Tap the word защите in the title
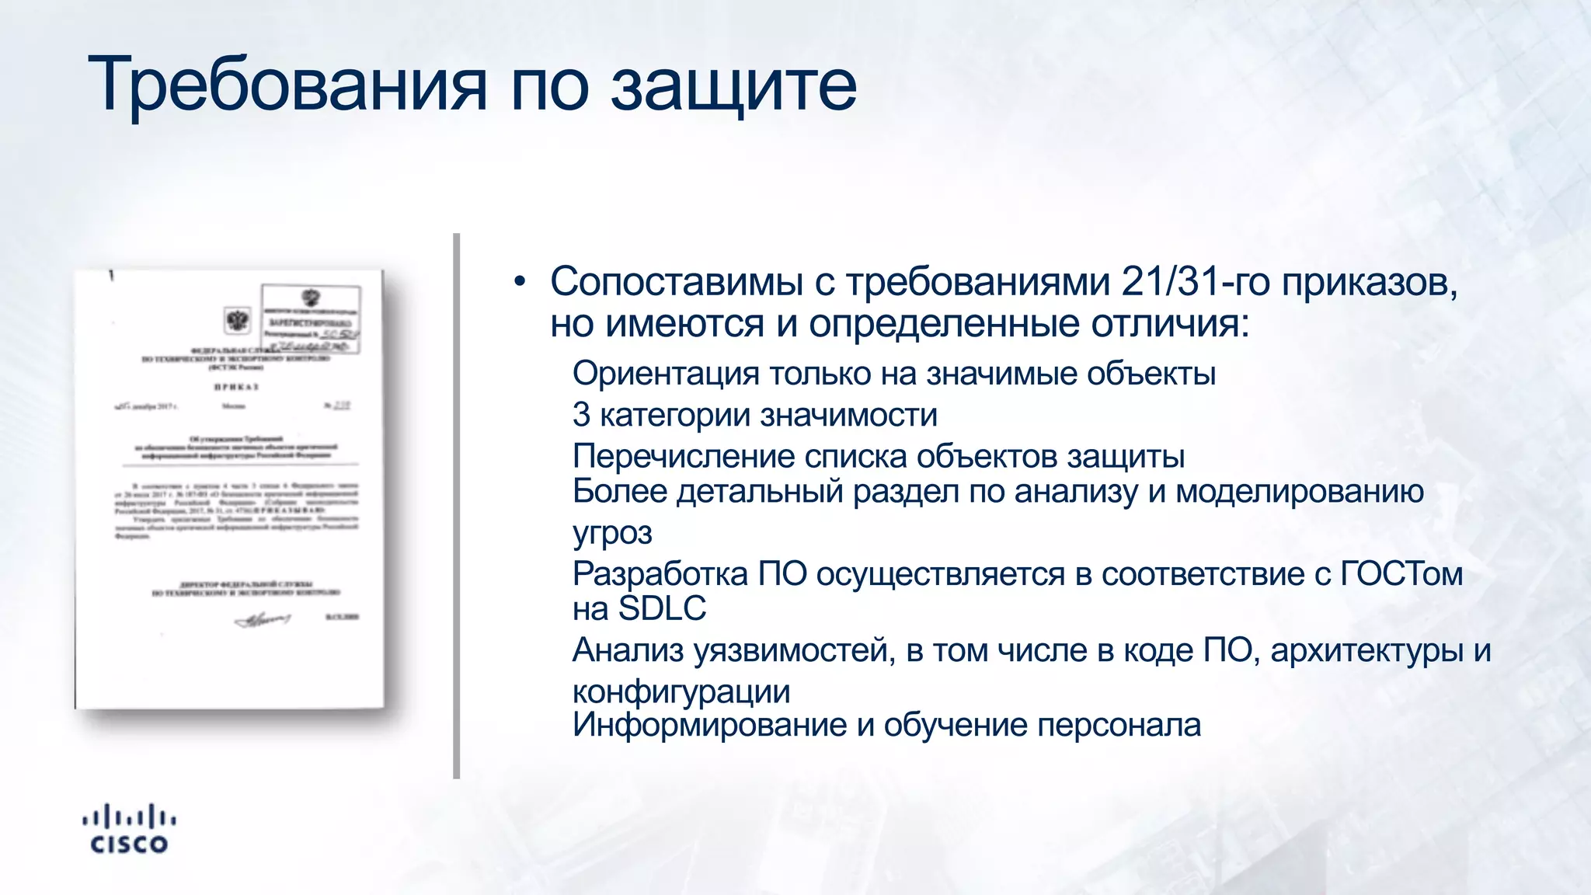tap(733, 85)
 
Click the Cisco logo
tap(129, 830)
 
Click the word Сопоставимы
tap(676, 281)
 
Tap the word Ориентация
tap(665, 374)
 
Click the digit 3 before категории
tap(581, 415)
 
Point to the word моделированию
tap(1299, 491)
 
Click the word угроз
tap(612, 534)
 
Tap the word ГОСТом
tap(1401, 574)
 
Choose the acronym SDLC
tap(662, 608)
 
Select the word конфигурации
tap(681, 691)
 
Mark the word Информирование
tap(709, 725)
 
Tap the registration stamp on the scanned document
tap(311, 319)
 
